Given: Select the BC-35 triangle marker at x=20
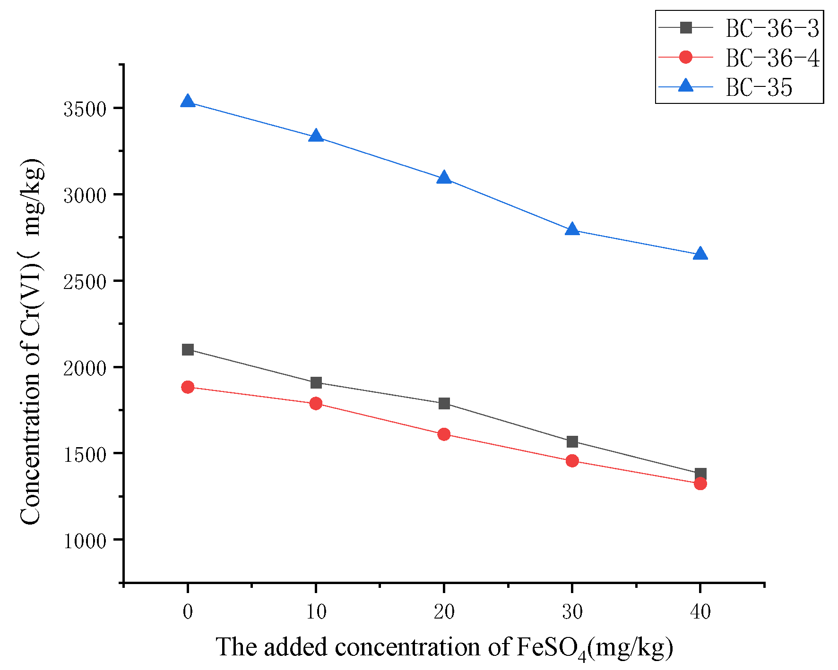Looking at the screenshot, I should click(444, 178).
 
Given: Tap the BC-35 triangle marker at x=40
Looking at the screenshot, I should click(700, 254).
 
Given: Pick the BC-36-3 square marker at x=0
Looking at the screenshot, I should click(188, 349).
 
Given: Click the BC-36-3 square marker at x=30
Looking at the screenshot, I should click(572, 441).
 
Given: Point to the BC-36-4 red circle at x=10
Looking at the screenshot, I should click(316, 403).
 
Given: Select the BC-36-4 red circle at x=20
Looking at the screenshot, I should click(444, 434).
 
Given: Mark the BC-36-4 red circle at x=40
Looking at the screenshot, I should click(700, 483).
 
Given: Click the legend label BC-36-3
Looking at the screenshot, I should click(772, 28).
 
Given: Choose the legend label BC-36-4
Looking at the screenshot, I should click(772, 58).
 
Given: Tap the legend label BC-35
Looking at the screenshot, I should click(759, 87).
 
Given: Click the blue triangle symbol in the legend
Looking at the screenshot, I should click(685, 86).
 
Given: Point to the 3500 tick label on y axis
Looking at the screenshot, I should click(85, 109).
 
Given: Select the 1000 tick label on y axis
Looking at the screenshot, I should click(85, 541).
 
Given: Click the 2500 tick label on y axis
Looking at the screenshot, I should click(85, 282).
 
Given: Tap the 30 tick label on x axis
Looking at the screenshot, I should click(572, 612).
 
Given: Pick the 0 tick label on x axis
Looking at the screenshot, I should click(188, 612).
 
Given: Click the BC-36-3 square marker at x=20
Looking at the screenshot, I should click(444, 403).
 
